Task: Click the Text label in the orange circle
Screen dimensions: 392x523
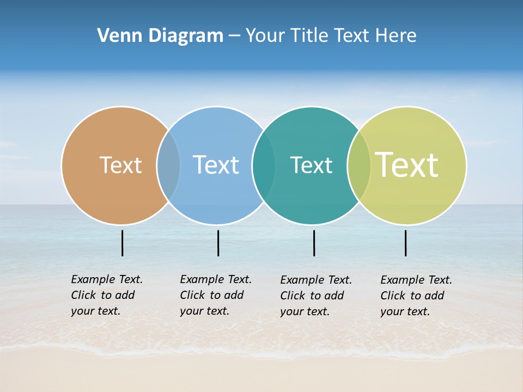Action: (x=120, y=165)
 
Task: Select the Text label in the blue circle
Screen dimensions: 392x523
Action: (x=216, y=165)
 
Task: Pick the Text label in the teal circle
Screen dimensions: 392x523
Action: (x=311, y=165)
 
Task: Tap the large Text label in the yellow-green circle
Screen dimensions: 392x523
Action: (x=407, y=165)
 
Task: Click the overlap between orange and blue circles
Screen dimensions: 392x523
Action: (x=168, y=166)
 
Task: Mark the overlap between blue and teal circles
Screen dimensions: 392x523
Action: (x=264, y=166)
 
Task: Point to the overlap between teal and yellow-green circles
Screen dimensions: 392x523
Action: (x=359, y=166)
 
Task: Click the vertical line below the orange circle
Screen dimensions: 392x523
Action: (x=122, y=243)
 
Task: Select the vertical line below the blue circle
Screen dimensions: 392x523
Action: (x=218, y=243)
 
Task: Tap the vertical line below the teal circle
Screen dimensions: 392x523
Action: (x=314, y=243)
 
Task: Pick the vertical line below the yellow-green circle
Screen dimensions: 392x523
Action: (x=405, y=243)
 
